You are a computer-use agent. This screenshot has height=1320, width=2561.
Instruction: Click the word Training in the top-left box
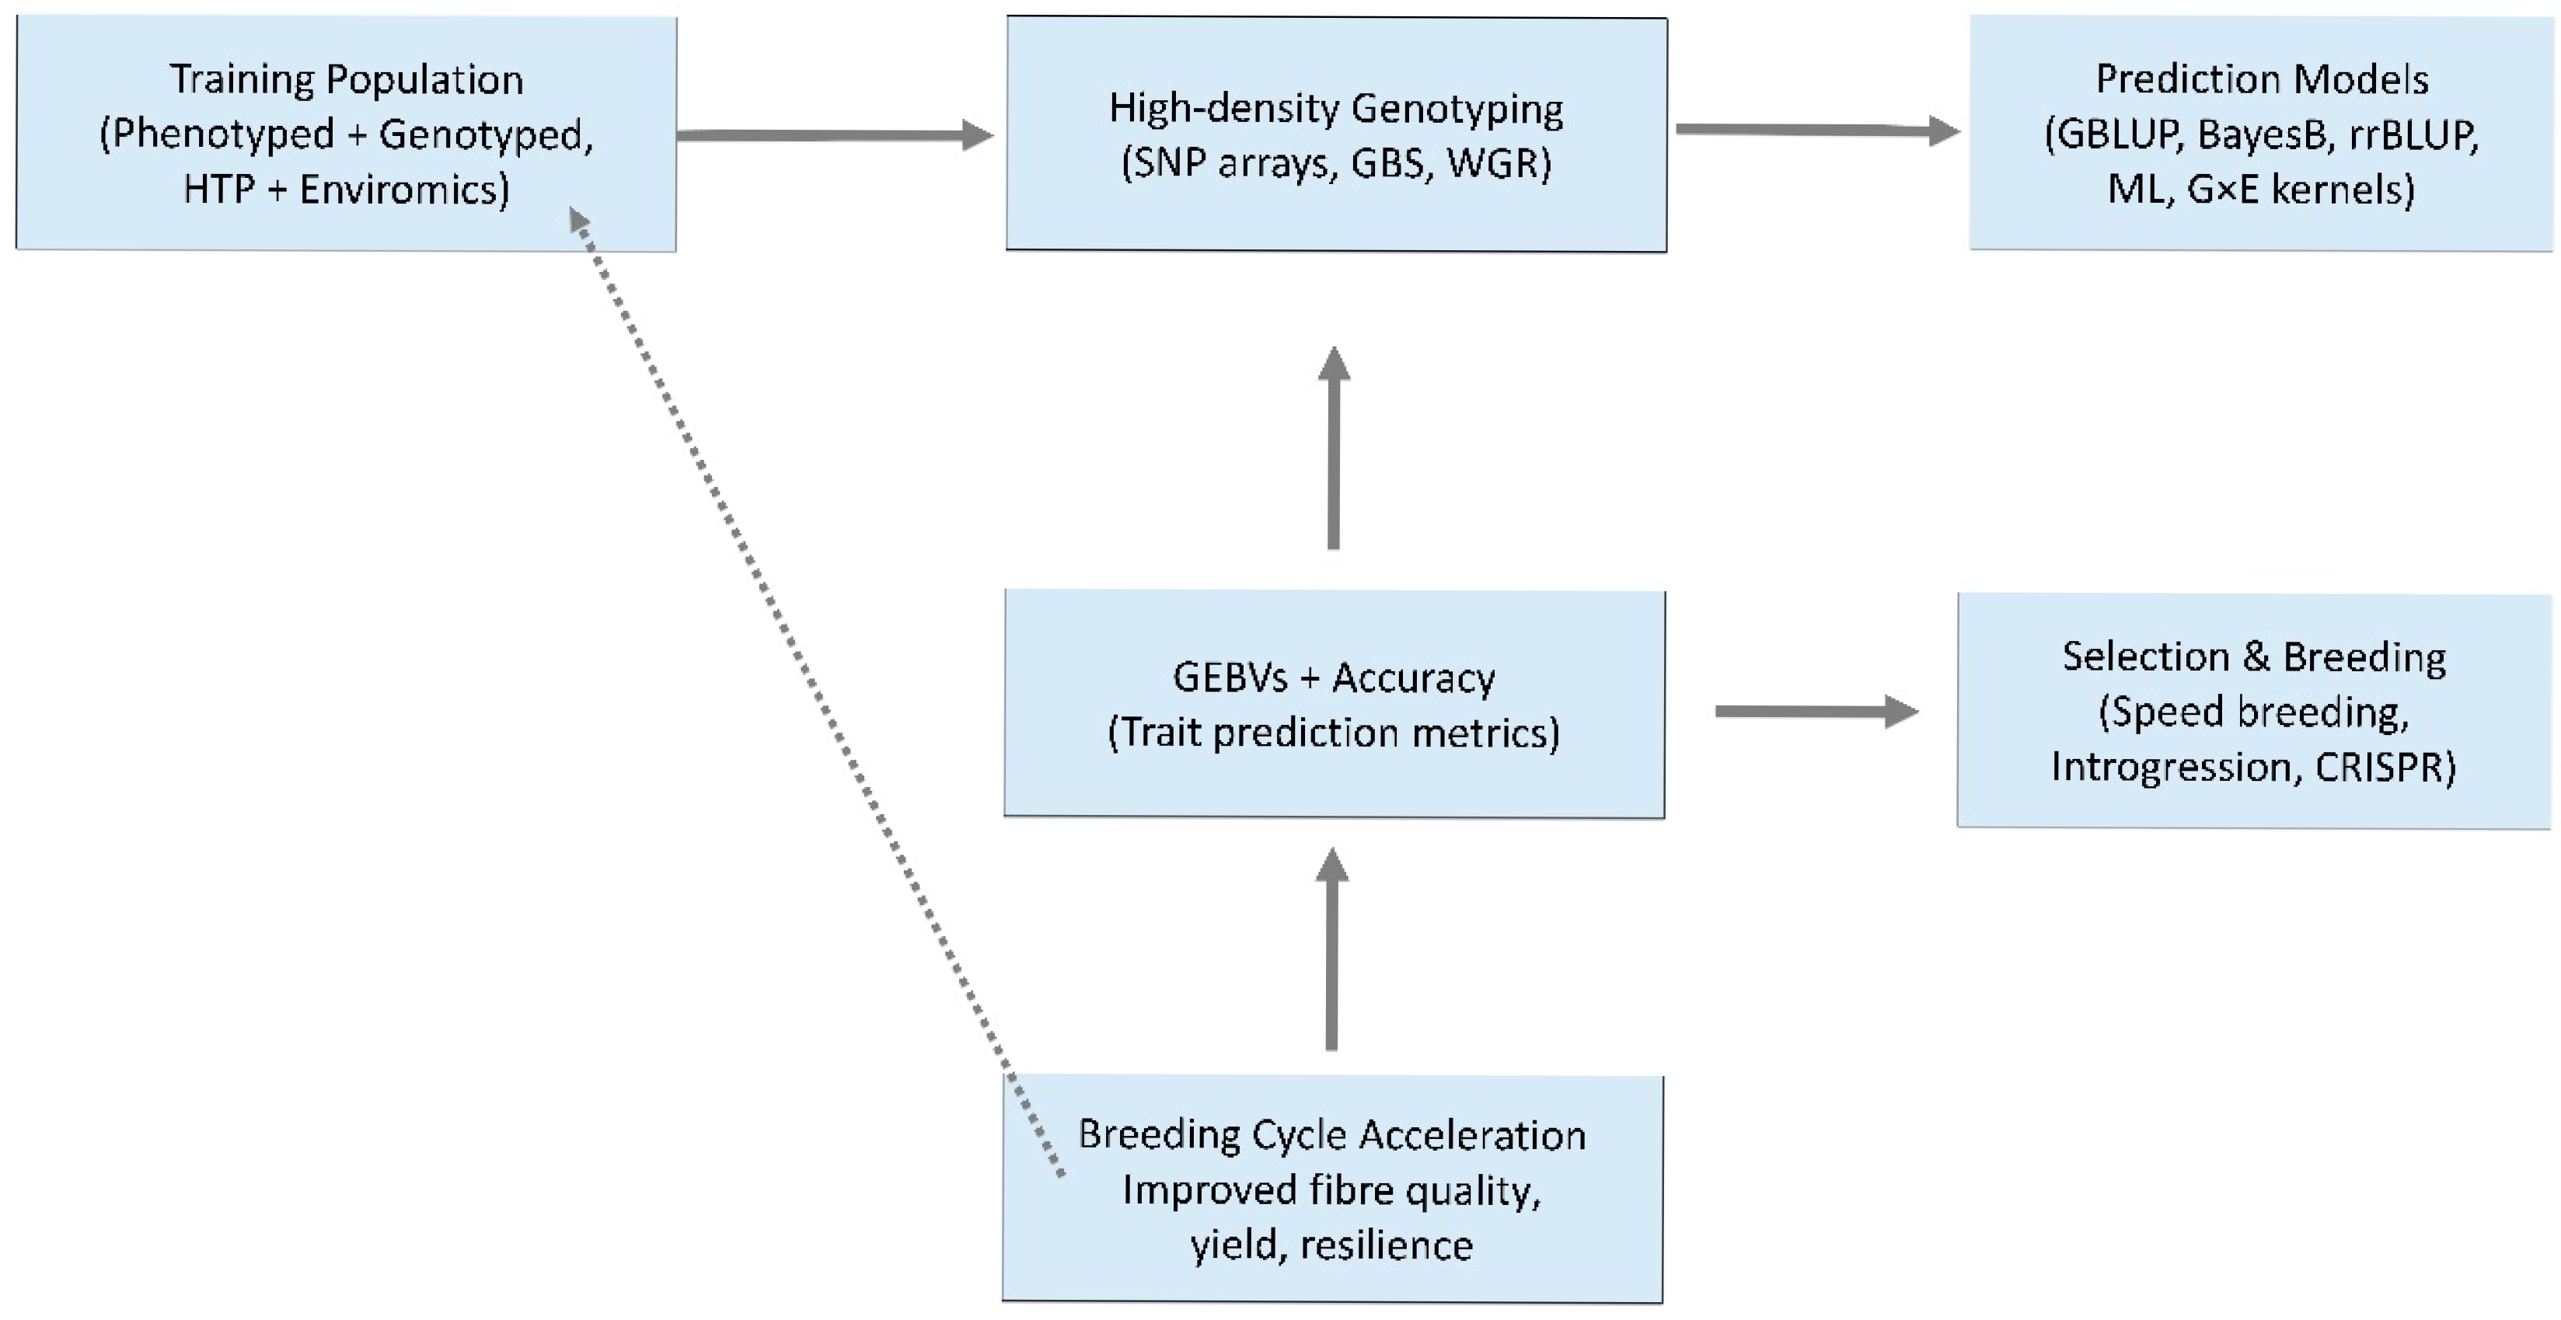point(242,79)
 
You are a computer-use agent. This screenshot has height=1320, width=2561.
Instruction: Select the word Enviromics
point(403,189)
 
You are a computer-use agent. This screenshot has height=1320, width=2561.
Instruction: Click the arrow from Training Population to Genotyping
point(835,135)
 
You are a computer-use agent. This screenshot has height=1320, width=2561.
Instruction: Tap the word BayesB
point(2263,134)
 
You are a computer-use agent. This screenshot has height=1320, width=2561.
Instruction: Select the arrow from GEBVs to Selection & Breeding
point(1816,711)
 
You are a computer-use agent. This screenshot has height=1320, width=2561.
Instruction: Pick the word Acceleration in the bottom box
point(1472,1134)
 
